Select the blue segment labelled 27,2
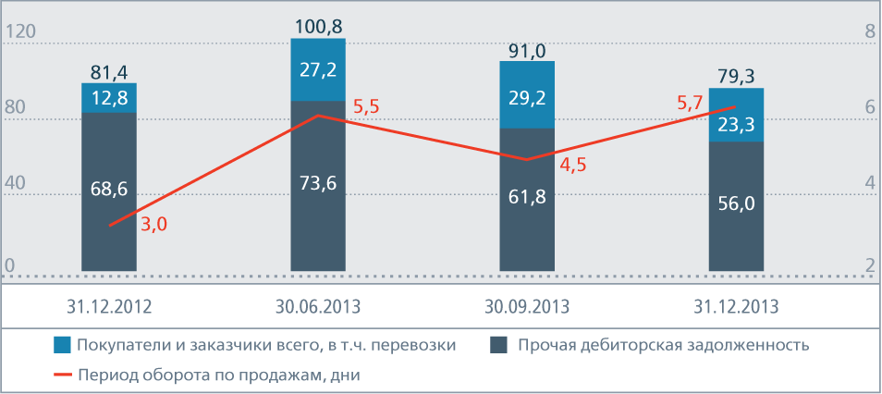[318, 69]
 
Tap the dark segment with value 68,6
[109, 191]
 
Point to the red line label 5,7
[690, 104]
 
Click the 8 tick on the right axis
[869, 31]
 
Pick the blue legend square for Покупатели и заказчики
[62, 345]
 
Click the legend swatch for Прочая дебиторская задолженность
[498, 345]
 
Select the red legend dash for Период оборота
[62, 375]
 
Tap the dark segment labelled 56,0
[736, 204]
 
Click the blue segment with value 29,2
[527, 95]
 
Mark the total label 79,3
[736, 75]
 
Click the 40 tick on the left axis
[15, 184]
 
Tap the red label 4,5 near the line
[573, 166]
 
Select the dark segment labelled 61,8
[527, 196]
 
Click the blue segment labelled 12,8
[109, 97]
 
